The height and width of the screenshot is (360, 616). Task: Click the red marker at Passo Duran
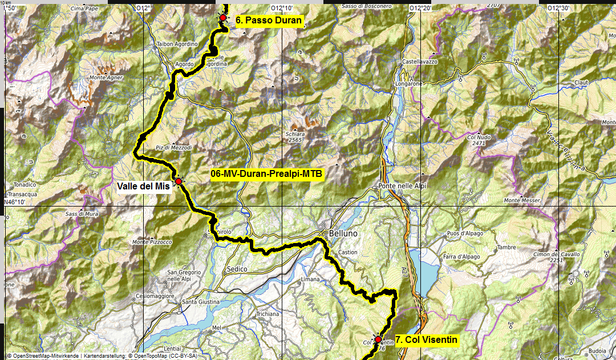coord(222,18)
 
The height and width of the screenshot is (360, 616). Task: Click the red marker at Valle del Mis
coord(178,181)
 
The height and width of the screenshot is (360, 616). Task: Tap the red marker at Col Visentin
coord(378,339)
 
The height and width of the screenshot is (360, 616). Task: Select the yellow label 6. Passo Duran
coord(268,21)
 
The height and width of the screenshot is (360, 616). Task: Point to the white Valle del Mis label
coord(144,186)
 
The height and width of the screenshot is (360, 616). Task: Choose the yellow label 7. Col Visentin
coord(427,340)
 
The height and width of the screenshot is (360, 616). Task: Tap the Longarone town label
coord(408,83)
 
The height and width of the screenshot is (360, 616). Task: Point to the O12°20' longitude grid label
coord(420,8)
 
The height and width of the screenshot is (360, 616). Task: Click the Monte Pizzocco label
coord(152,242)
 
